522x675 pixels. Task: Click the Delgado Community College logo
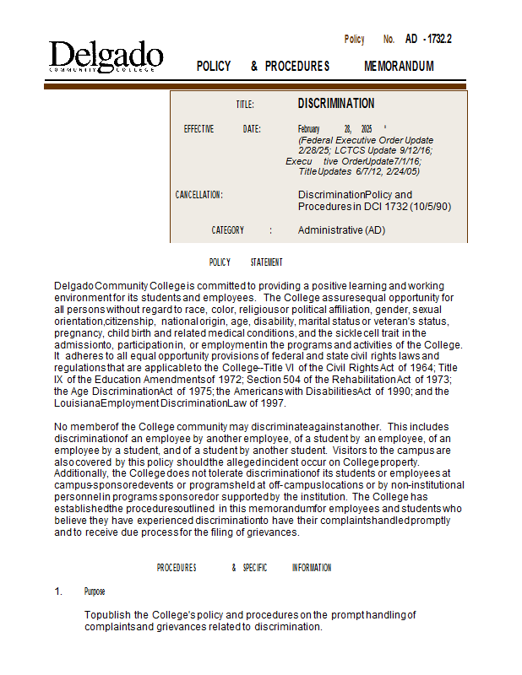(106, 57)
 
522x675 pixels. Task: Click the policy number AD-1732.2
(428, 39)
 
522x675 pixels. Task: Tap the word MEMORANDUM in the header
(399, 66)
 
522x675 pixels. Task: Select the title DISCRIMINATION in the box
(336, 103)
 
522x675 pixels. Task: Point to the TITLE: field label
(245, 105)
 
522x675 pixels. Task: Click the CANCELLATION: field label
(198, 195)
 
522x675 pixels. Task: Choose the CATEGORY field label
(228, 230)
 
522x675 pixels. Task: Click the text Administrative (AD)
(341, 230)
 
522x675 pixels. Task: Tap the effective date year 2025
(367, 129)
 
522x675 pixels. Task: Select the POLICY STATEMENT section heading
(245, 262)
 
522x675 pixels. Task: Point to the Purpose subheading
(95, 591)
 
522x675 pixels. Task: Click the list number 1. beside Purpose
(58, 591)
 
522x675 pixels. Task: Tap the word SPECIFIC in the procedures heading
(254, 568)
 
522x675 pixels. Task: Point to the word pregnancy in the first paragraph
(76, 333)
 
